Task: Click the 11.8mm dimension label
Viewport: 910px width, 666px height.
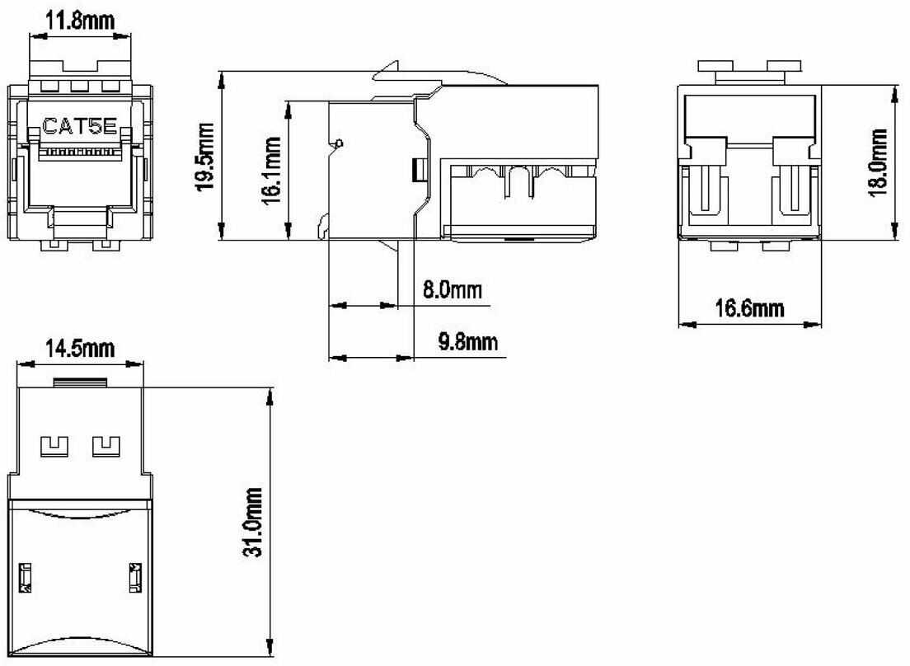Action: (81, 21)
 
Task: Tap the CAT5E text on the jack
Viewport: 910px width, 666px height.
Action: (79, 126)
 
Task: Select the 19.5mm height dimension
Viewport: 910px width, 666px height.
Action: (204, 156)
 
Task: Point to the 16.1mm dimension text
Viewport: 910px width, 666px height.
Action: (271, 171)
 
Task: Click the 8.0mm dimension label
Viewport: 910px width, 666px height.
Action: (452, 289)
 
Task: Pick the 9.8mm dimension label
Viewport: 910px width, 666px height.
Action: (467, 342)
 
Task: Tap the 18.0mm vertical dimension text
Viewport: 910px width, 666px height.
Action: (878, 162)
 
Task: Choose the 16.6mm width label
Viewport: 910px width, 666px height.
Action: (748, 308)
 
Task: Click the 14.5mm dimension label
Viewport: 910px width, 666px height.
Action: (80, 349)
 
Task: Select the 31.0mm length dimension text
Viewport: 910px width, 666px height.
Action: (252, 522)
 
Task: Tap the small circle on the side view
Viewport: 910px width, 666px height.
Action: (340, 143)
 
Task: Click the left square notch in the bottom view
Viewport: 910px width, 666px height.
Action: (54, 446)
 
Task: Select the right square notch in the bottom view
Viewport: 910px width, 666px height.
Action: (106, 446)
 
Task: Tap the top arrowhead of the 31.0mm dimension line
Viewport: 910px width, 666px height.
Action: (270, 397)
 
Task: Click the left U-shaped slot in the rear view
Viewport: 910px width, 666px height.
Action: (706, 190)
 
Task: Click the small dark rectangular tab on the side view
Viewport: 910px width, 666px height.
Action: (417, 169)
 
